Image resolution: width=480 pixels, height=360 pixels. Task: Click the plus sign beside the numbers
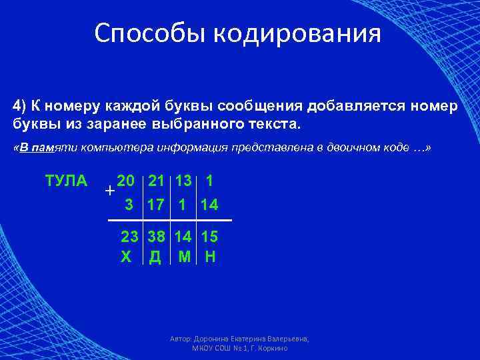[109, 191]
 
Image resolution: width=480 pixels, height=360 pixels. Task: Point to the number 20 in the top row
[125, 180]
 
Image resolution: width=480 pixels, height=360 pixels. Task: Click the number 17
[156, 204]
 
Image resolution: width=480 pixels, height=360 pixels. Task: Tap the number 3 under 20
[129, 204]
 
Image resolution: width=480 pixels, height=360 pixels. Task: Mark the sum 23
[129, 237]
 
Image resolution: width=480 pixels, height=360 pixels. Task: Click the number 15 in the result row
[209, 237]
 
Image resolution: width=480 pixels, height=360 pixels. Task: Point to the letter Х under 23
[126, 257]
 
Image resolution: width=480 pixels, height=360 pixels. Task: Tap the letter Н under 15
[210, 257]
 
